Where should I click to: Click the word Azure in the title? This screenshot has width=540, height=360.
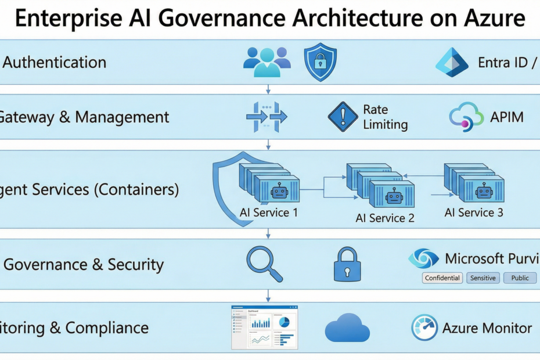click(492, 19)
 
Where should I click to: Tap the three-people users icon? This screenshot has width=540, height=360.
click(267, 62)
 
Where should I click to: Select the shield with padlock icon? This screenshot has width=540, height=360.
click(320, 62)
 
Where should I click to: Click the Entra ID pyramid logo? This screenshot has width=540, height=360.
click(452, 62)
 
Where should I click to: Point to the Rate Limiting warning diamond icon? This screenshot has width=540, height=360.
click(343, 117)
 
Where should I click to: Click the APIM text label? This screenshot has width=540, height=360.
click(507, 117)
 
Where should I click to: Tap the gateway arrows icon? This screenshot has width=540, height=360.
click(267, 117)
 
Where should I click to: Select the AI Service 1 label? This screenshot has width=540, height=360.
click(269, 213)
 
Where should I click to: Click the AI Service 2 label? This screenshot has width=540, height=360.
click(385, 218)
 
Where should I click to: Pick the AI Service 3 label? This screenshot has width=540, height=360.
click(474, 213)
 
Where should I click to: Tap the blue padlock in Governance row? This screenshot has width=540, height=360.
click(347, 265)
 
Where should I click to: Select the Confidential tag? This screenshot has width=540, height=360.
click(442, 278)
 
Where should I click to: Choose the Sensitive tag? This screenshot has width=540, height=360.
click(483, 278)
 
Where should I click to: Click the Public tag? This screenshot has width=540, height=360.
click(520, 278)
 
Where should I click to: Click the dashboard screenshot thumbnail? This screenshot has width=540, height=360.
click(264, 327)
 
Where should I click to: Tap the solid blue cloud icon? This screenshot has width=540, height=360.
click(347, 329)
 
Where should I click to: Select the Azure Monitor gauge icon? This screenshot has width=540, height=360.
click(424, 328)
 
